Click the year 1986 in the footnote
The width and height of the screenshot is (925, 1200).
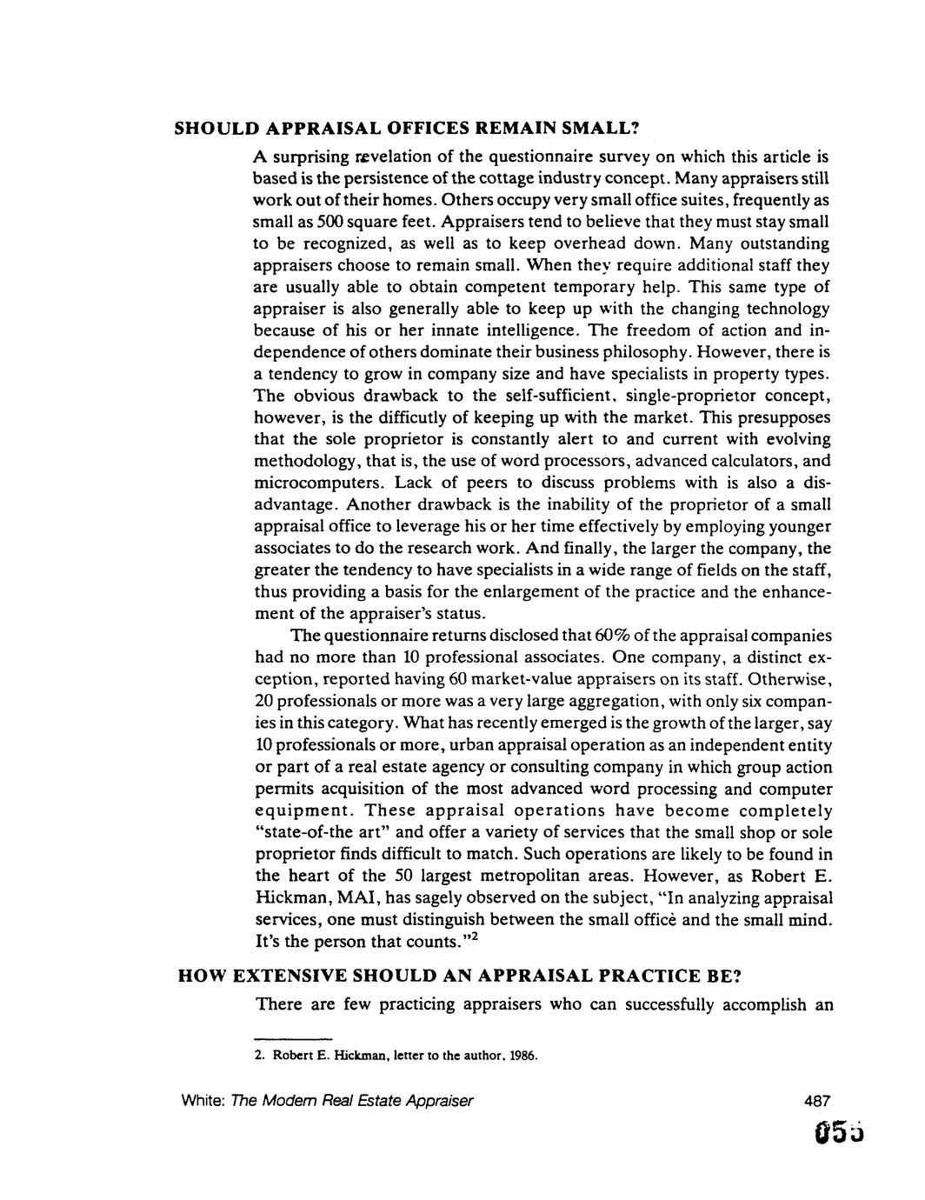(522, 1057)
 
